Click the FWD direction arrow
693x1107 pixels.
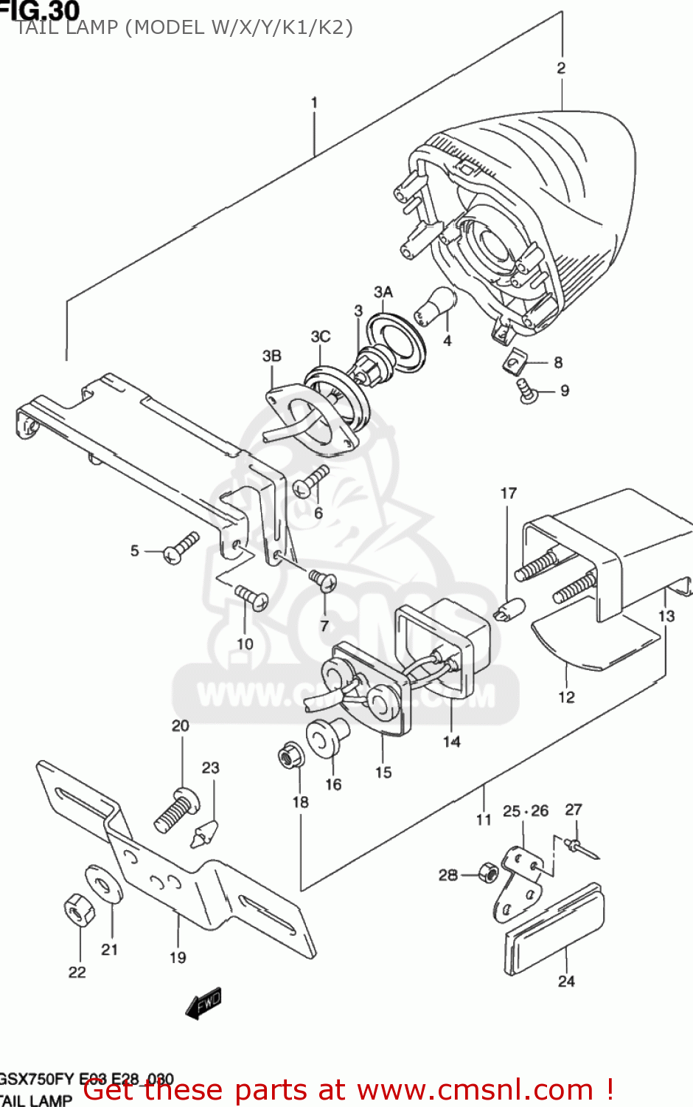[203, 1004]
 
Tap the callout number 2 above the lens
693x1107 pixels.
[561, 68]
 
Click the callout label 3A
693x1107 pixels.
[383, 292]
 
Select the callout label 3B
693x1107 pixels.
[272, 356]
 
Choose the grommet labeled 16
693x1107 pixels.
[327, 737]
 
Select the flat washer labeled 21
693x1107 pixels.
[105, 883]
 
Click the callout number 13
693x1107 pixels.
[666, 615]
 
